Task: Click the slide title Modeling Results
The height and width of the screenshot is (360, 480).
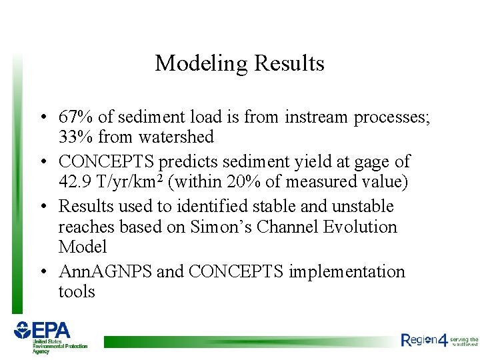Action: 239,63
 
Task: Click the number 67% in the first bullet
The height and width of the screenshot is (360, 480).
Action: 76,117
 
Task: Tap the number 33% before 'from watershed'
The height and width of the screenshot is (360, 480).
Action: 76,137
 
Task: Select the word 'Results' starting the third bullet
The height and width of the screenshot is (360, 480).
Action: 85,207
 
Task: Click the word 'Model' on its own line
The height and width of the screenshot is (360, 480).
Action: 83,247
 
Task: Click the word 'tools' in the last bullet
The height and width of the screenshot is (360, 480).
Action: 77,291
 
